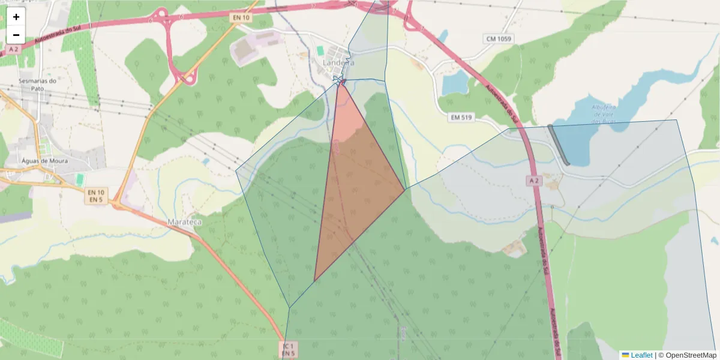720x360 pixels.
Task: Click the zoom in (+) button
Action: (x=16, y=17)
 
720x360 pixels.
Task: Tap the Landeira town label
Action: (x=338, y=62)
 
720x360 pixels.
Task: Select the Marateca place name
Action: (x=184, y=221)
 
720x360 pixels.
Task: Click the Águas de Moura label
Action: (x=44, y=161)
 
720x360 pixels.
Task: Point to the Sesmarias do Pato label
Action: (x=37, y=85)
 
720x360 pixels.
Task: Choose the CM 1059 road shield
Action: (x=500, y=39)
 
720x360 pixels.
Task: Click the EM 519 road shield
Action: (x=462, y=118)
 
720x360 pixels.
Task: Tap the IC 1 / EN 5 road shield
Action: (x=288, y=350)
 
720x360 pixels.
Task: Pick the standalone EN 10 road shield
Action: (x=241, y=18)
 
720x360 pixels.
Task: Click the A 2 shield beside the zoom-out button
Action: (x=14, y=49)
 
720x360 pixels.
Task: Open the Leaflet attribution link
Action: (x=641, y=355)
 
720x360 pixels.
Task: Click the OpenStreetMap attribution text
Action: (x=691, y=355)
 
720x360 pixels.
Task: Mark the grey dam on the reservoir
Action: (x=559, y=145)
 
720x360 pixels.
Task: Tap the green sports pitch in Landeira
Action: (x=320, y=50)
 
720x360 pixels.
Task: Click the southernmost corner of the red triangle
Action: (x=314, y=281)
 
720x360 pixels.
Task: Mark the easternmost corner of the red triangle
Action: (x=404, y=190)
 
